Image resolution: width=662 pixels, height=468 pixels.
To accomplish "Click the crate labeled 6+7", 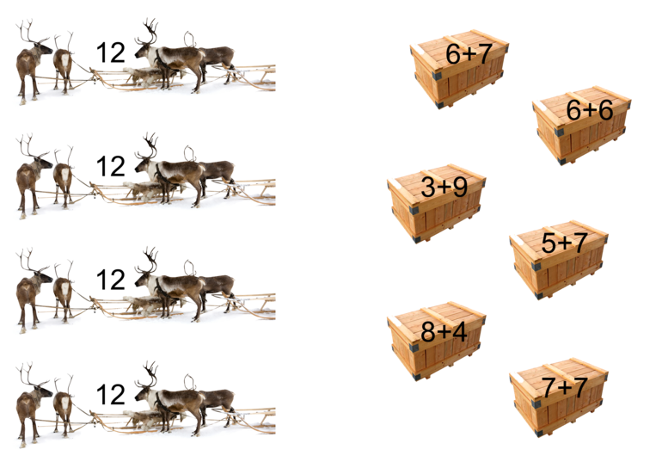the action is pyautogui.click(x=459, y=69).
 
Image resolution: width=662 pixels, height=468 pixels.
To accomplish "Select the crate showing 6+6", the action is pyautogui.click(x=581, y=125).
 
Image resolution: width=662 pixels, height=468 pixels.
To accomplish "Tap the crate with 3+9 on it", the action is pyautogui.click(x=436, y=203).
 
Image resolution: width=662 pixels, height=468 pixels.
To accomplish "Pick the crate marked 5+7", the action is pyautogui.click(x=559, y=259).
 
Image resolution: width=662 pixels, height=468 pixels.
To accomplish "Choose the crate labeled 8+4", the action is pyautogui.click(x=436, y=341).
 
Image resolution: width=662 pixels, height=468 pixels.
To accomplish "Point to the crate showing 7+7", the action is pyautogui.click(x=559, y=397).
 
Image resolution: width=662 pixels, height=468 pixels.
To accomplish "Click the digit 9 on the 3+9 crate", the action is pyautogui.click(x=457, y=187).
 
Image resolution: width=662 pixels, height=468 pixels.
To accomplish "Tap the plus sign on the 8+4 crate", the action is pyautogui.click(x=444, y=331).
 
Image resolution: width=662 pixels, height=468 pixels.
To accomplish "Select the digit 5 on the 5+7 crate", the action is pyautogui.click(x=549, y=243).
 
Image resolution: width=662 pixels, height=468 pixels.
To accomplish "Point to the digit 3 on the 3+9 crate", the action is pyautogui.click(x=428, y=187).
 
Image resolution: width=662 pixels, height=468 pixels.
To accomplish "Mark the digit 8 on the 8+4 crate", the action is pyautogui.click(x=428, y=331).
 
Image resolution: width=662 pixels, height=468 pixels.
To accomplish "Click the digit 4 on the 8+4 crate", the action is pyautogui.click(x=459, y=331).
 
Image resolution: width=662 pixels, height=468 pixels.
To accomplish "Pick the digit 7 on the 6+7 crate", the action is pyautogui.click(x=482, y=53).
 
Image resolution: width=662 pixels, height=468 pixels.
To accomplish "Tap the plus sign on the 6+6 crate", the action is pyautogui.click(x=590, y=111).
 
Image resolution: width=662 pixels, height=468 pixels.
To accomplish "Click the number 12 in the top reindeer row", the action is pyautogui.click(x=111, y=52).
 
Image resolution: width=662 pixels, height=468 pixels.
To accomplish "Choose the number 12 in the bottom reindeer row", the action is pyautogui.click(x=111, y=394).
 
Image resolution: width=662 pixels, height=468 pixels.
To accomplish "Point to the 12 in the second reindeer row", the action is pyautogui.click(x=111, y=165).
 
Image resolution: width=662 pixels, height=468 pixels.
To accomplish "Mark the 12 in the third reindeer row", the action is pyautogui.click(x=111, y=280).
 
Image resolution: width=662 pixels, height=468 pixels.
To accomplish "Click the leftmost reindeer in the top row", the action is pyautogui.click(x=30, y=64).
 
